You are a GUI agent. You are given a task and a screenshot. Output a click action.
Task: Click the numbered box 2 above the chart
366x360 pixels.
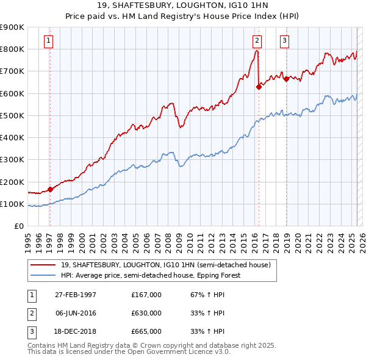(x=257, y=41)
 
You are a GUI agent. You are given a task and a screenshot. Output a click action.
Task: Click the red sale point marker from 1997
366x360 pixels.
(x=50, y=189)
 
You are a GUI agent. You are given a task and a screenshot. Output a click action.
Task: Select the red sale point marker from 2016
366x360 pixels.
(x=259, y=87)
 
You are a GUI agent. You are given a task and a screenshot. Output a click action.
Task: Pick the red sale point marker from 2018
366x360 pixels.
(x=286, y=79)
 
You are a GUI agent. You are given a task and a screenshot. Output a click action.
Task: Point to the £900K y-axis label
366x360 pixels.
(x=12, y=27)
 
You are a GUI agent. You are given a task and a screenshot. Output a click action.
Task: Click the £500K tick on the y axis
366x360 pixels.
(x=12, y=115)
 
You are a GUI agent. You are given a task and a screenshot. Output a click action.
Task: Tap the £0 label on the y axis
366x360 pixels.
(x=18, y=226)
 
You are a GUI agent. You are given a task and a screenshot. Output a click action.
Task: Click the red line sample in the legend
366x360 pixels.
(x=43, y=265)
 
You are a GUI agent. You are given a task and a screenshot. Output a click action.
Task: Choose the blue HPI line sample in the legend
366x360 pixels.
(x=43, y=275)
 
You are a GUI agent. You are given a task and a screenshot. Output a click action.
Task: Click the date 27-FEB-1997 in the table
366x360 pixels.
(x=75, y=295)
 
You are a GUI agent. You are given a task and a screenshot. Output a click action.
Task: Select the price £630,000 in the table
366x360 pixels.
(x=146, y=313)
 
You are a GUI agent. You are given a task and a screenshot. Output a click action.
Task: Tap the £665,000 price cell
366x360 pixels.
(x=146, y=331)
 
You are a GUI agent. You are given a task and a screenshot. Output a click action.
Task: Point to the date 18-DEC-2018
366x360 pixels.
(x=75, y=331)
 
